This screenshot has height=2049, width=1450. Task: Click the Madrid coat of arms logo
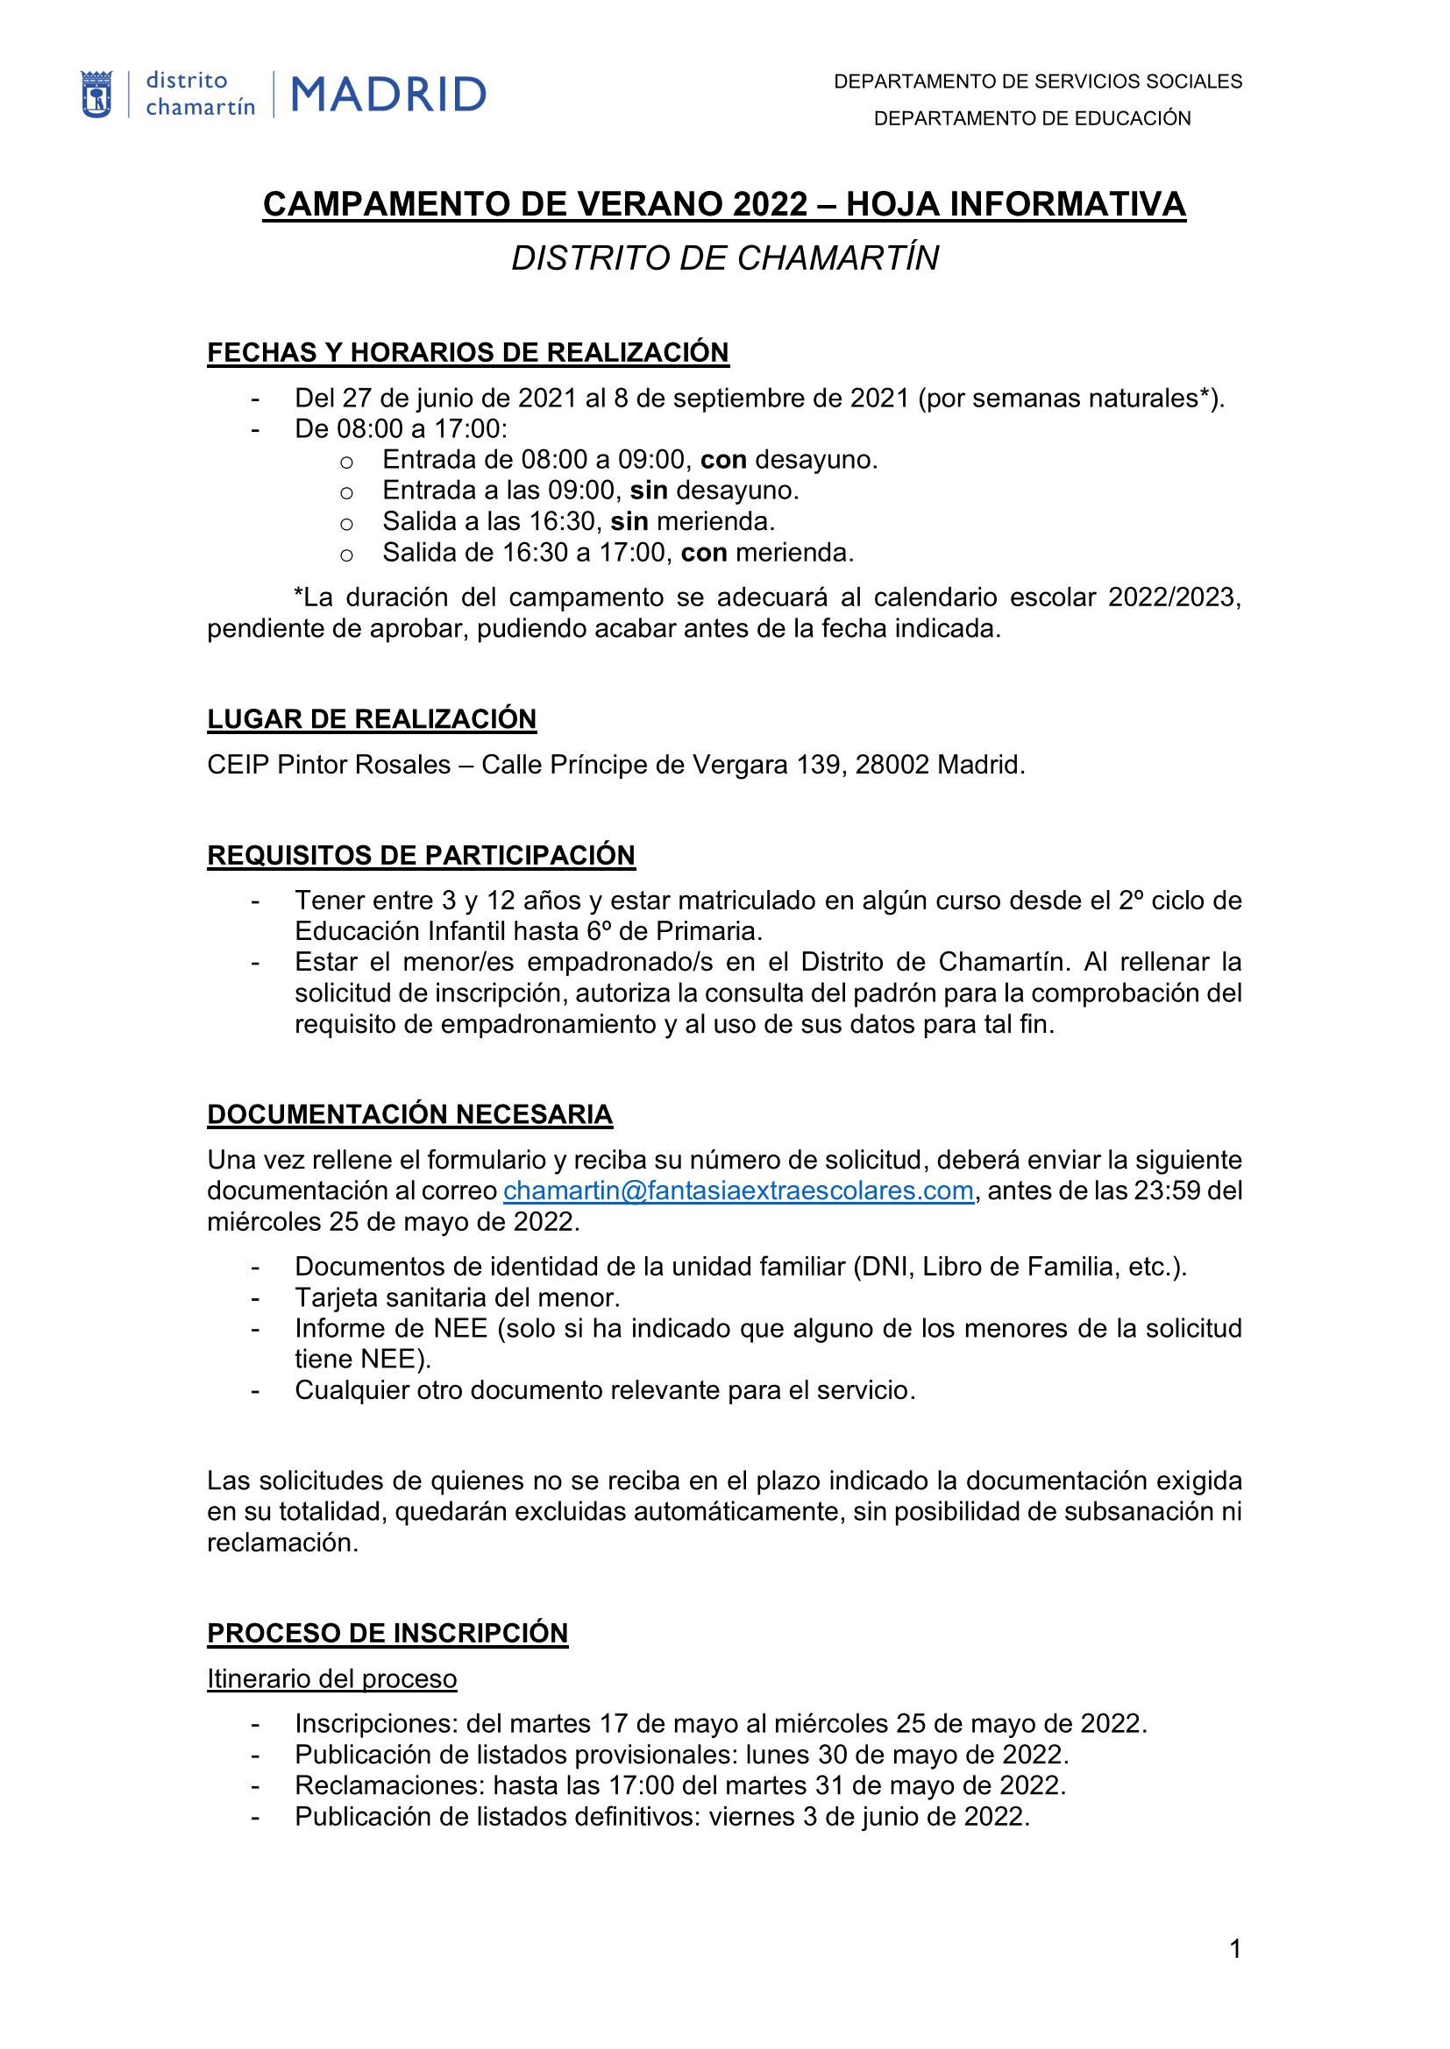click(x=96, y=95)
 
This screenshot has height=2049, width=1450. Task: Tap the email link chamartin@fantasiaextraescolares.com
click(x=737, y=1191)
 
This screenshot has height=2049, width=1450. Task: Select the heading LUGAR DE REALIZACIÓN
click(x=372, y=718)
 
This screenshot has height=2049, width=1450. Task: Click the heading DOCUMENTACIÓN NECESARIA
click(x=409, y=1113)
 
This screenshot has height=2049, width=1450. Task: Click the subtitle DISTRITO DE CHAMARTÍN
click(x=724, y=258)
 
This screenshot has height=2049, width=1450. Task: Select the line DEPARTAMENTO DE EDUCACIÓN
click(x=1032, y=118)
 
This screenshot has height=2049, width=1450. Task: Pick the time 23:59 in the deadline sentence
click(x=1164, y=1191)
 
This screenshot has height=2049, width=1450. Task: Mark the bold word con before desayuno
click(x=723, y=460)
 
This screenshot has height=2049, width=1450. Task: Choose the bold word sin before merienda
click(x=629, y=521)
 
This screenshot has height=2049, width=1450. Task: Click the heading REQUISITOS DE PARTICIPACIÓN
click(x=421, y=855)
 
